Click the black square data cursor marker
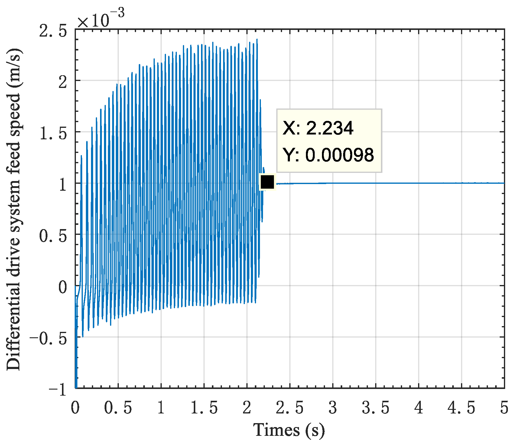click(x=267, y=182)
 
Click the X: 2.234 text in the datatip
click(x=318, y=128)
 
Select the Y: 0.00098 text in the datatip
click(x=328, y=155)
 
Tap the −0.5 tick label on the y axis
click(x=48, y=338)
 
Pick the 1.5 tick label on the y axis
click(x=53, y=133)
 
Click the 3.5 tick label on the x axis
click(x=376, y=408)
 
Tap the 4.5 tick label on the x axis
click(x=462, y=408)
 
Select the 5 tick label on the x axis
click(x=504, y=408)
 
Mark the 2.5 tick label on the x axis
click(x=290, y=408)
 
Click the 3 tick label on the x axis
click(x=333, y=408)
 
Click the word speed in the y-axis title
click(x=14, y=104)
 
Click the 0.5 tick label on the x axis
click(x=118, y=408)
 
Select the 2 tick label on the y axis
click(x=63, y=82)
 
